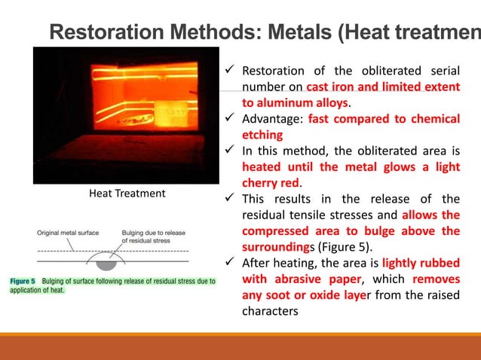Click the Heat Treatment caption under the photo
click(x=127, y=194)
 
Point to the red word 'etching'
click(x=262, y=135)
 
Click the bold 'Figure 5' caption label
click(x=23, y=282)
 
